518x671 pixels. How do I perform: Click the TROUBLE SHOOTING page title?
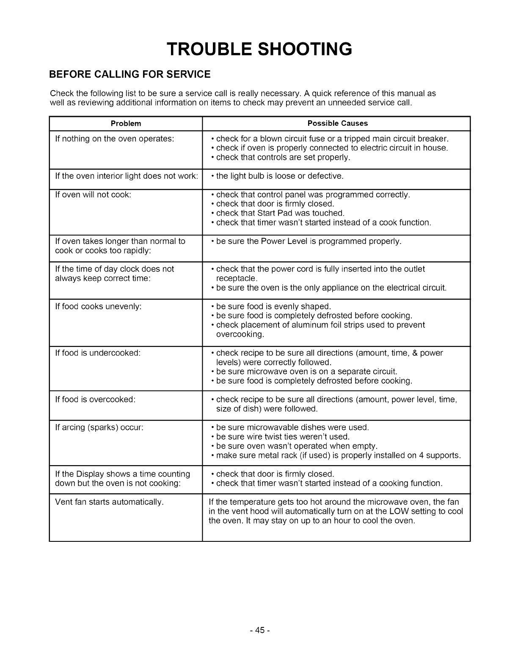point(259,49)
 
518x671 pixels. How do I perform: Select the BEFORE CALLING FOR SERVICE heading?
point(130,75)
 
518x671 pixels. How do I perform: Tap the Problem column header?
point(126,124)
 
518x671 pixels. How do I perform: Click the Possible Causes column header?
point(337,124)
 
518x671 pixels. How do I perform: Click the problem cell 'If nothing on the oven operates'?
point(115,139)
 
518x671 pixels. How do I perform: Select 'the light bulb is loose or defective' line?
point(279,176)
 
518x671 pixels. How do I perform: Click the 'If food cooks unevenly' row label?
point(98,306)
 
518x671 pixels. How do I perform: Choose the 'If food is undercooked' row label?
point(98,353)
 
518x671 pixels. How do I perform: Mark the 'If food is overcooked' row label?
point(95,399)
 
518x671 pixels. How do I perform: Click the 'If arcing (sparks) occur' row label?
point(99,427)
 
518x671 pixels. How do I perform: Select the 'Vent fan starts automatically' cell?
point(109,502)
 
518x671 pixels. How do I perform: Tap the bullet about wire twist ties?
point(283,437)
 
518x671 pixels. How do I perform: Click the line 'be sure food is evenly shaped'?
point(273,306)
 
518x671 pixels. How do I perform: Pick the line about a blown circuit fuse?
point(332,139)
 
